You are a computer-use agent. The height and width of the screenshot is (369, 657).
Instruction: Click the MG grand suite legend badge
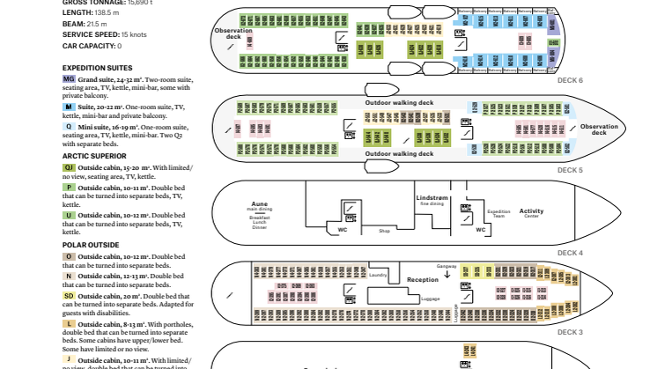(69, 79)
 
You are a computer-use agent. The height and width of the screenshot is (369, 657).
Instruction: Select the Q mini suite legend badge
(69, 127)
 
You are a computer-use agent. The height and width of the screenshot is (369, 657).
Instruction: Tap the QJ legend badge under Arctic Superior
(69, 167)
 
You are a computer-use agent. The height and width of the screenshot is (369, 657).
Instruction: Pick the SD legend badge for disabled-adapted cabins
(69, 296)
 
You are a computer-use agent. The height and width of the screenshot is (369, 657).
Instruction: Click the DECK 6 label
(570, 80)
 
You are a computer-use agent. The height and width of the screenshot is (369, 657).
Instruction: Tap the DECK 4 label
(570, 253)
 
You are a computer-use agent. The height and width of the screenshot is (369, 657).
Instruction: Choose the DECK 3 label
(570, 332)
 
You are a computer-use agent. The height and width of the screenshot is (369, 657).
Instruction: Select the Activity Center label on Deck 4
(531, 211)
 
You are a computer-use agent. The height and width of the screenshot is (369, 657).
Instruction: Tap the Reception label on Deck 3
(422, 279)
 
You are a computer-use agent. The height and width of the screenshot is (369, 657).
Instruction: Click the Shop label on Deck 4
(384, 232)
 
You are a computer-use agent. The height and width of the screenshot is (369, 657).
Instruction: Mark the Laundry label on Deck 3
(378, 275)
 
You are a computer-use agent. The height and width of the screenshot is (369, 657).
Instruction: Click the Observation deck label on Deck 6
(233, 33)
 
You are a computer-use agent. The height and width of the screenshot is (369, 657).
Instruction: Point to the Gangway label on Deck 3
(447, 265)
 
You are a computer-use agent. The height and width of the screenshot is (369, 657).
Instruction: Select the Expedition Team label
(498, 213)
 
